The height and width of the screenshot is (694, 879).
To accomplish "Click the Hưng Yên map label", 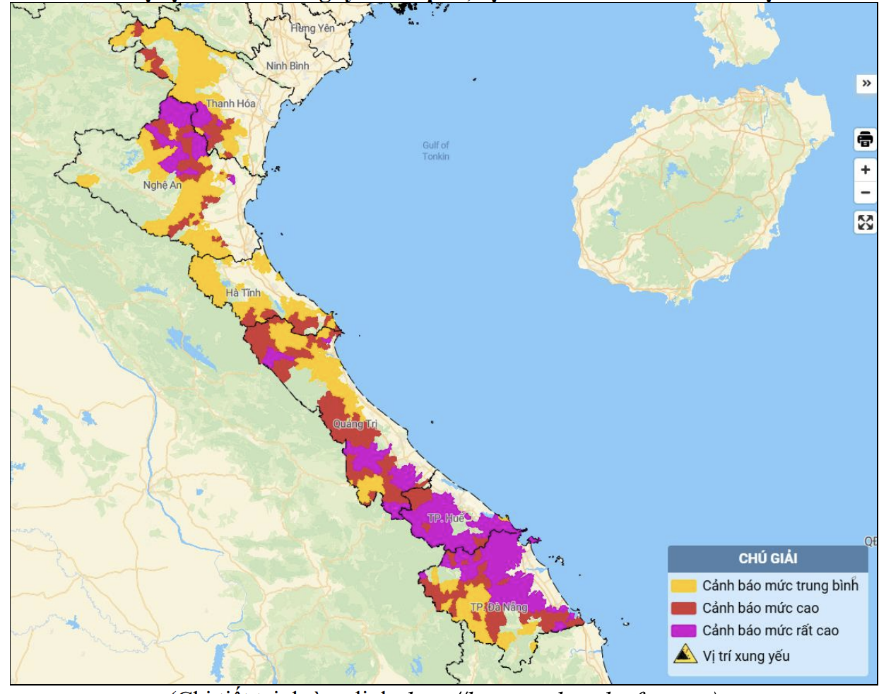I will pos(312,28).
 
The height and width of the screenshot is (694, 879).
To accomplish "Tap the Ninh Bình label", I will pos(288,66).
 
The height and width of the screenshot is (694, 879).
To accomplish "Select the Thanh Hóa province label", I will pos(230,103).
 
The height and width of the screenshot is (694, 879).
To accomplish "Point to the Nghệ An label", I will pos(163,185).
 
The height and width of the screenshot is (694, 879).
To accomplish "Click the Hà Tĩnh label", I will pos(243,293).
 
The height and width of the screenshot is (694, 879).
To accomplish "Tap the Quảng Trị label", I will pos(355,424).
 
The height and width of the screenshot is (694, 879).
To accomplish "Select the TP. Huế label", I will pos(445,518).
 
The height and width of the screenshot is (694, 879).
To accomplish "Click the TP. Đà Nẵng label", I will pos(499,607).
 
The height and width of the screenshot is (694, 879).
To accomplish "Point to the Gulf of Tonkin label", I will pos(435,151).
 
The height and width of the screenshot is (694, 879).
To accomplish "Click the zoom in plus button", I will pos(865,170).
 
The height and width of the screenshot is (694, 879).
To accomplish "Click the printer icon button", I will pos(865,139).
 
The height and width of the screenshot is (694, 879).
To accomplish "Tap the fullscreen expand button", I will pos(865,223).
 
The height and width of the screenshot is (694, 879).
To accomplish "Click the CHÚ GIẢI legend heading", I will pos(767,558).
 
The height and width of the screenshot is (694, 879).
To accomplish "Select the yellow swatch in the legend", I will pos(683,586).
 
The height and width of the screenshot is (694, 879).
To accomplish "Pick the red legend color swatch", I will pos(683,608).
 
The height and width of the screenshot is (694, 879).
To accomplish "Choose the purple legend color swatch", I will pos(683,630).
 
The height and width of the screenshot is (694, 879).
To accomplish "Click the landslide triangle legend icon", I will pos(684,655).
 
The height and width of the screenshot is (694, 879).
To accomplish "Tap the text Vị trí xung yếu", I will pos(745,656).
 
